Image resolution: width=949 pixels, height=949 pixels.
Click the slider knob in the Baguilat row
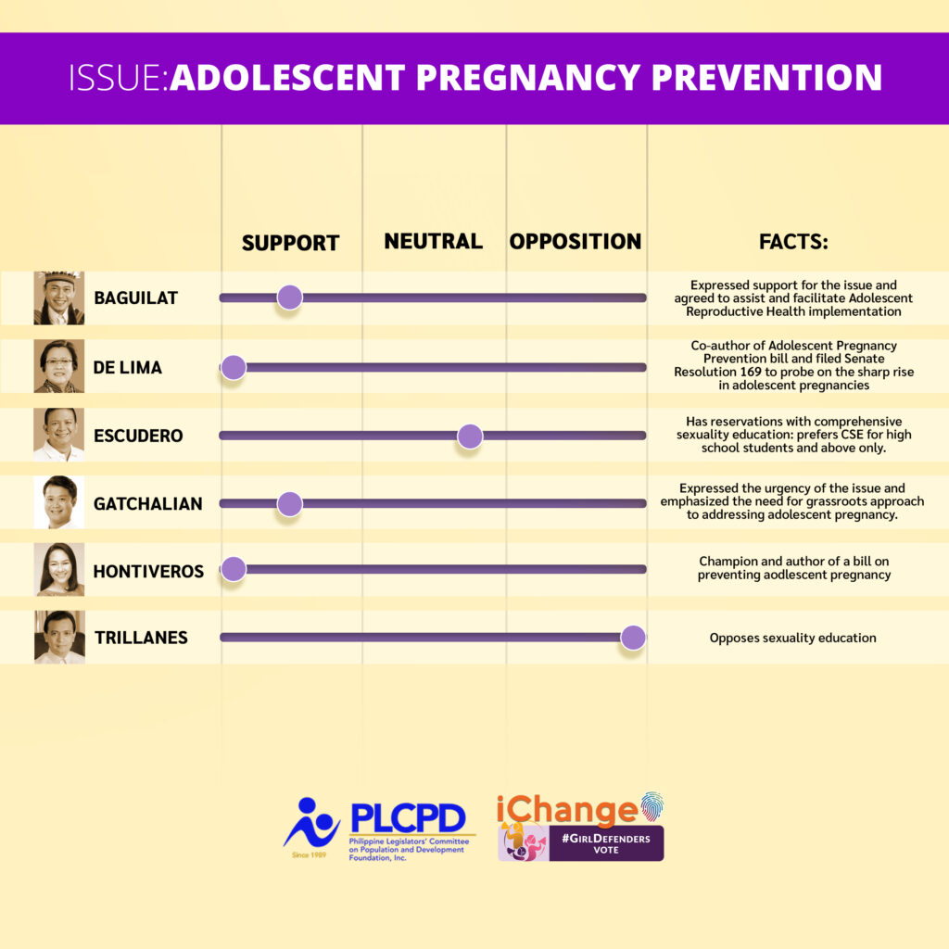289,297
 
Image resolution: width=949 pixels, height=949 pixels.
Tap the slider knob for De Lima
233,367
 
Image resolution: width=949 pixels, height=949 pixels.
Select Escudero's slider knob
470,436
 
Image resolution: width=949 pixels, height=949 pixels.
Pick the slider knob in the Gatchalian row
289,503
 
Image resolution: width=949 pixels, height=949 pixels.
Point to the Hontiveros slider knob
233,569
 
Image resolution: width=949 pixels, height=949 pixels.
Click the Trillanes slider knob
633,638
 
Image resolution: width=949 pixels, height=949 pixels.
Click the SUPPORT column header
290,243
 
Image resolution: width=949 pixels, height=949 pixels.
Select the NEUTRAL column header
434,241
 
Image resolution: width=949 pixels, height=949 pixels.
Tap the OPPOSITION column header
575,241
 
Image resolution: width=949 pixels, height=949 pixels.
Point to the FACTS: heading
793,242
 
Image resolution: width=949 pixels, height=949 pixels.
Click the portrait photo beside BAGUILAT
58,297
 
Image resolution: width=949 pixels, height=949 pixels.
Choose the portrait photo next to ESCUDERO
58,435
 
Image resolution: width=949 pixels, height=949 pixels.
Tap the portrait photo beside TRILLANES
59,638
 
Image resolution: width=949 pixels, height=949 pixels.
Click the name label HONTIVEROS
148,571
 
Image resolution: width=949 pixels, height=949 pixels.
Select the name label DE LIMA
128,367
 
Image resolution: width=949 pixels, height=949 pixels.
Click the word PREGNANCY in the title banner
527,77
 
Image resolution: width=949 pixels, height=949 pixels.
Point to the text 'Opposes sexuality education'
793,638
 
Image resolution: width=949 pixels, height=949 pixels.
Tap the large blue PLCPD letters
408,818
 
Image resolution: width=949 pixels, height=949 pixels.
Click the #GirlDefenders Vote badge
606,843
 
